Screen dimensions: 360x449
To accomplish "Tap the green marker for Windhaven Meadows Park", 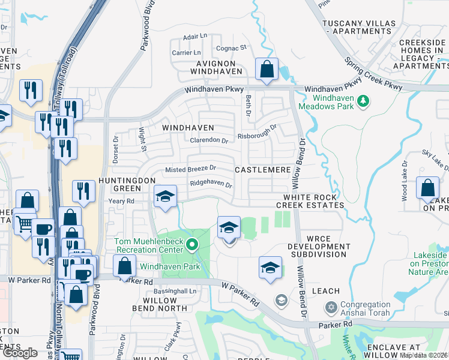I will point(363,102).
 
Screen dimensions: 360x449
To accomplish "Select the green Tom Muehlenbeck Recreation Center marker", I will point(192,244).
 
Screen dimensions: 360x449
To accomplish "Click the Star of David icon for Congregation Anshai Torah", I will point(330,308).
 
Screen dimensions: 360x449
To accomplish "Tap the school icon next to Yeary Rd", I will point(165,196).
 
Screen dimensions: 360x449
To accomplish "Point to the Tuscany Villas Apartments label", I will point(359,27).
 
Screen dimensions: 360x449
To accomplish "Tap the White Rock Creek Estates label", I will point(314,201).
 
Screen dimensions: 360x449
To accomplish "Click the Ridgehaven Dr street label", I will point(211,184).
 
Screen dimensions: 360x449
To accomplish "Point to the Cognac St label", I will point(231,48).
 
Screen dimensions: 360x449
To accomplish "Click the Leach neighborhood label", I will point(325,291).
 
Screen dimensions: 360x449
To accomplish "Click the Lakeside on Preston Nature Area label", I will point(430,263).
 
